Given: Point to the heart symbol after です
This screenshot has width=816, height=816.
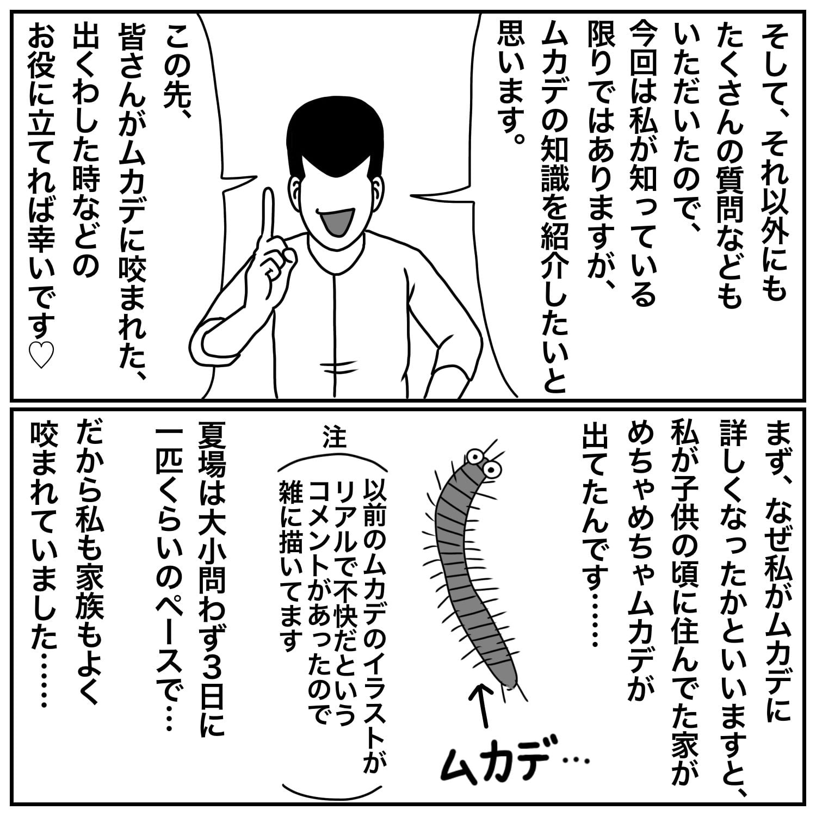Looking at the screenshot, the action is [40, 355].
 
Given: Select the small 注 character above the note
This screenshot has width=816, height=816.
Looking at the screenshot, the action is [334, 436].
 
